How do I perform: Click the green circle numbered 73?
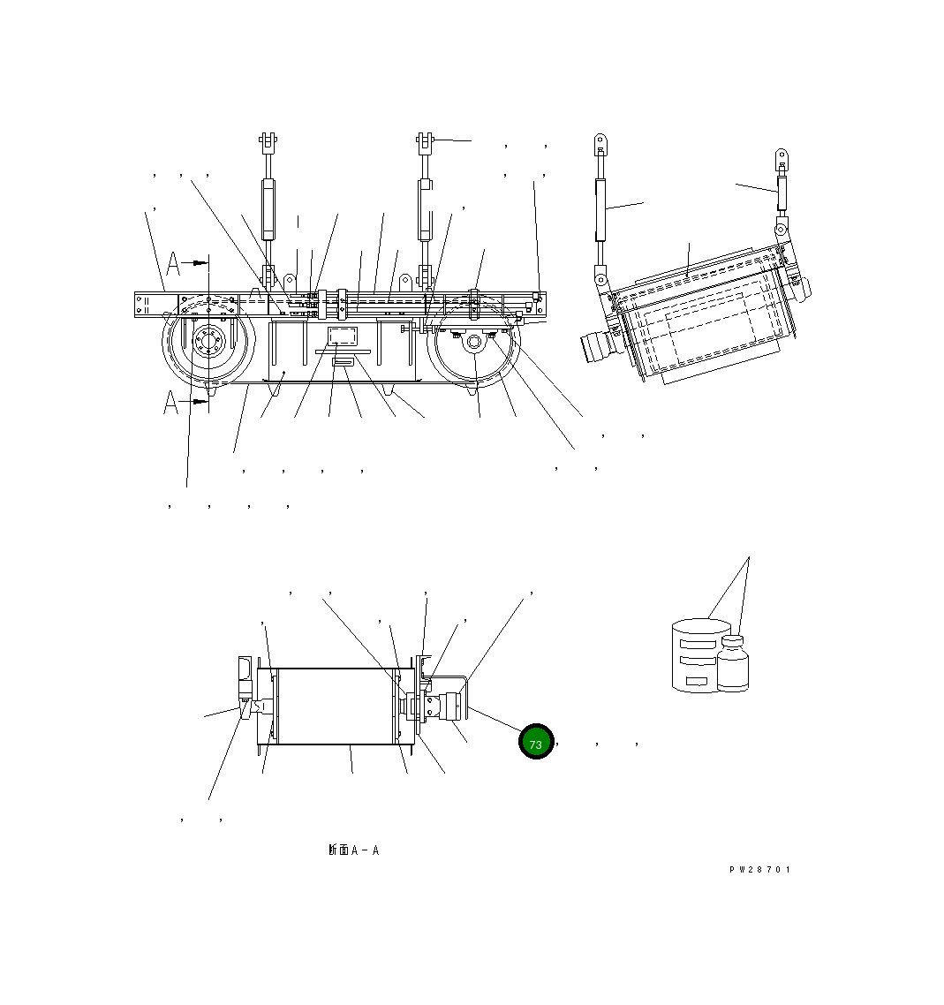pyautogui.click(x=535, y=742)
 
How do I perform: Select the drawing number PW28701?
pyautogui.click(x=759, y=870)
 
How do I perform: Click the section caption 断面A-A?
pyautogui.click(x=353, y=850)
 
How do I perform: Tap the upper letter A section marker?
pyautogui.click(x=174, y=263)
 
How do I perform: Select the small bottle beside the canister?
pyautogui.click(x=733, y=664)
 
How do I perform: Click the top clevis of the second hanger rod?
pyautogui.click(x=425, y=140)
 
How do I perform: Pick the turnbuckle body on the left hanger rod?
pyautogui.click(x=268, y=208)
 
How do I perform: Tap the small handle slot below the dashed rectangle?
pyautogui.click(x=341, y=363)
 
